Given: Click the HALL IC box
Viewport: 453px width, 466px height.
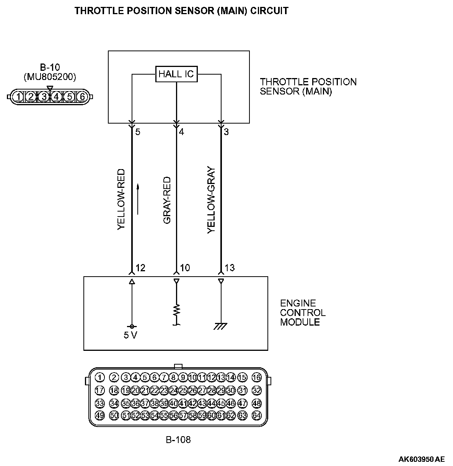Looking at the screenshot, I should tap(176, 74).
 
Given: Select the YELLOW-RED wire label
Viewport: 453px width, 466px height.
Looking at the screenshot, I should tap(121, 200).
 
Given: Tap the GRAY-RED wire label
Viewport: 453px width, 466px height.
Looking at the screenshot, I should tap(167, 200).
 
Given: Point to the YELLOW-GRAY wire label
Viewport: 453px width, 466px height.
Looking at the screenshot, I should tap(211, 200).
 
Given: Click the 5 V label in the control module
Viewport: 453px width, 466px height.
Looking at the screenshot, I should tap(130, 336).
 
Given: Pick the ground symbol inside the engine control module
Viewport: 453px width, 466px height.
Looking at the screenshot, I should tap(221, 326).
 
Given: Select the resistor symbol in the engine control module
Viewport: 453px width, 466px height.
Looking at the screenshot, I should tap(176, 310).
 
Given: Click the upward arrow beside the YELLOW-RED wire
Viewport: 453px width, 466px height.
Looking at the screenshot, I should tap(138, 199).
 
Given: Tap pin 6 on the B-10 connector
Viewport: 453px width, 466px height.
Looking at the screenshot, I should tap(82, 96).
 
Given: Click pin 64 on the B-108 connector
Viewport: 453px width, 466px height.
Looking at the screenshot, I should tap(257, 415).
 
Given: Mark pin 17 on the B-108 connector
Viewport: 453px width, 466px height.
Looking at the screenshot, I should tap(99, 390).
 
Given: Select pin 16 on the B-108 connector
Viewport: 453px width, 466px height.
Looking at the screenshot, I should tap(257, 378).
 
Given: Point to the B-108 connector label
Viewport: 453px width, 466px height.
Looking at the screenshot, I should tap(178, 440).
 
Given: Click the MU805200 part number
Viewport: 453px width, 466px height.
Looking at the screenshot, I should tap(50, 77).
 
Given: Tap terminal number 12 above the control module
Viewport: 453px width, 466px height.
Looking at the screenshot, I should tap(140, 267).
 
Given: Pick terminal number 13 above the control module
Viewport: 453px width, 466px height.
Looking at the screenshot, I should tap(230, 267).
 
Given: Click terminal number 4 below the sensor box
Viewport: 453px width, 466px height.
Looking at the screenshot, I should tap(181, 132).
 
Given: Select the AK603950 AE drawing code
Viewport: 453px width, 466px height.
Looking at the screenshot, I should tap(421, 459).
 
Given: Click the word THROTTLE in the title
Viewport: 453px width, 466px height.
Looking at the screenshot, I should tap(97, 11).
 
